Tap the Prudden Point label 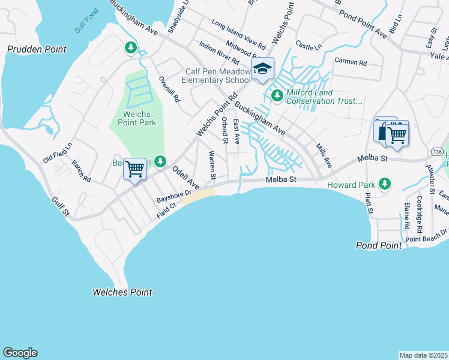click(37, 49)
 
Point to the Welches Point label click(122, 292)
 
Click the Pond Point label click(379, 245)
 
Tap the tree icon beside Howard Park click(387, 184)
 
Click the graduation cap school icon click(262, 70)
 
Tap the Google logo click(20, 353)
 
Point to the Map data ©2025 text click(423, 355)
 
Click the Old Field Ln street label click(58, 154)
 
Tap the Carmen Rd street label click(350, 62)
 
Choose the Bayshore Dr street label click(173, 196)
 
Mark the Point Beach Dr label click(427, 235)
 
